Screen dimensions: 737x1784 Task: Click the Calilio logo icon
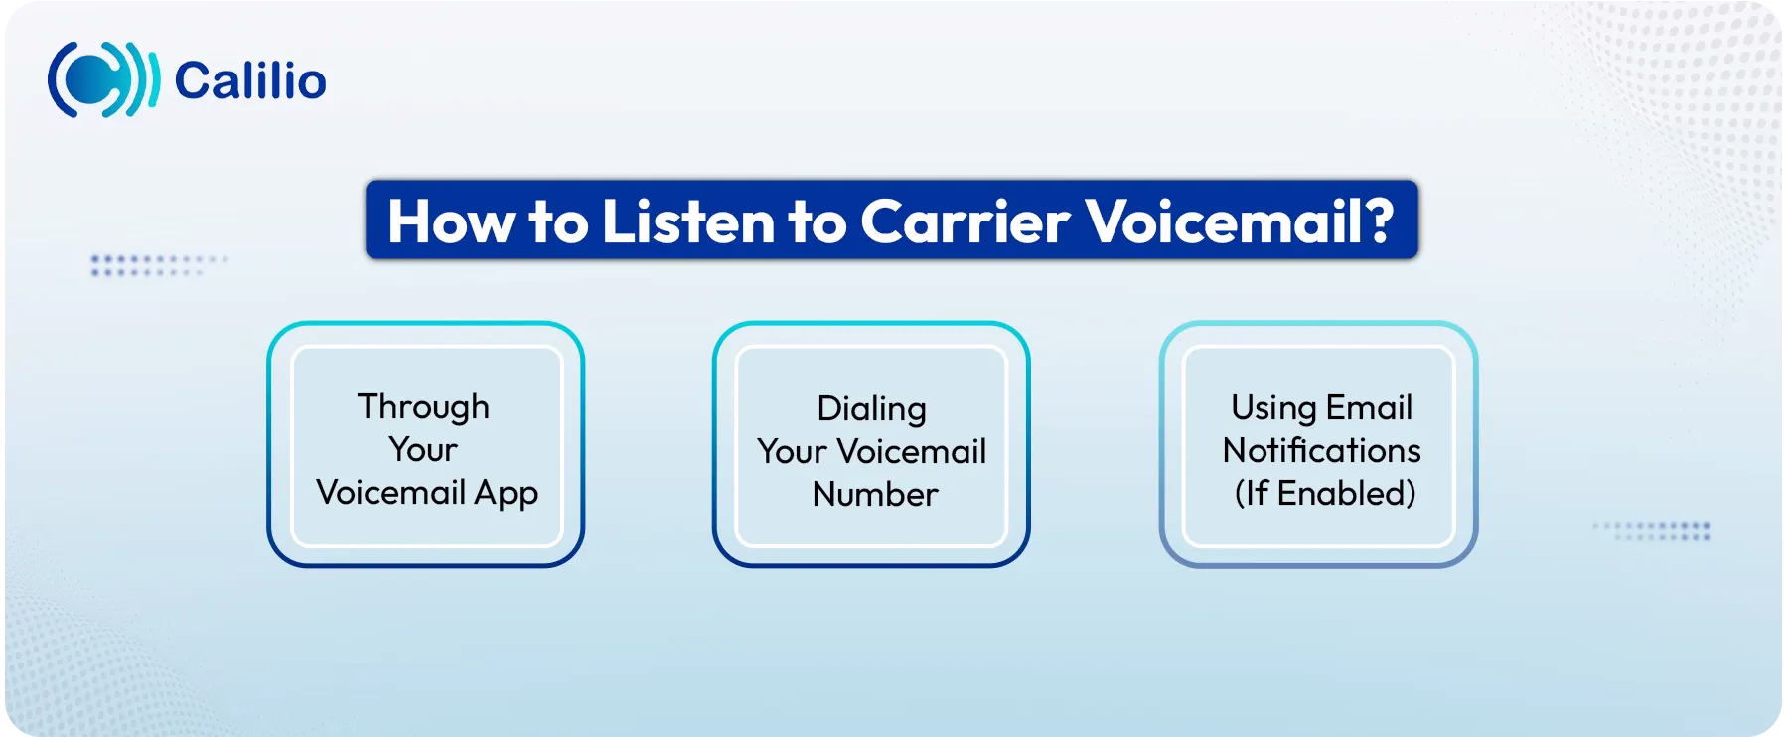102,80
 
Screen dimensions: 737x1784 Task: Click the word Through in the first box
423,407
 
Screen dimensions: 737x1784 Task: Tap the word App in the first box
507,494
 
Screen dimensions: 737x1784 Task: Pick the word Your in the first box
423,450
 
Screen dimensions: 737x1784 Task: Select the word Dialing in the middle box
871,409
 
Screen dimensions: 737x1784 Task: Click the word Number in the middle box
874,495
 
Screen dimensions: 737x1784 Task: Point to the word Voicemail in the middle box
912,452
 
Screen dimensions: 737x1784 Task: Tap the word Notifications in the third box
1321,451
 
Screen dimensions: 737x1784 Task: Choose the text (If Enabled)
1324,494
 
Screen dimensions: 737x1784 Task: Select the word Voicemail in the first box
390,494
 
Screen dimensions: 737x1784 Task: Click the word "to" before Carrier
818,221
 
